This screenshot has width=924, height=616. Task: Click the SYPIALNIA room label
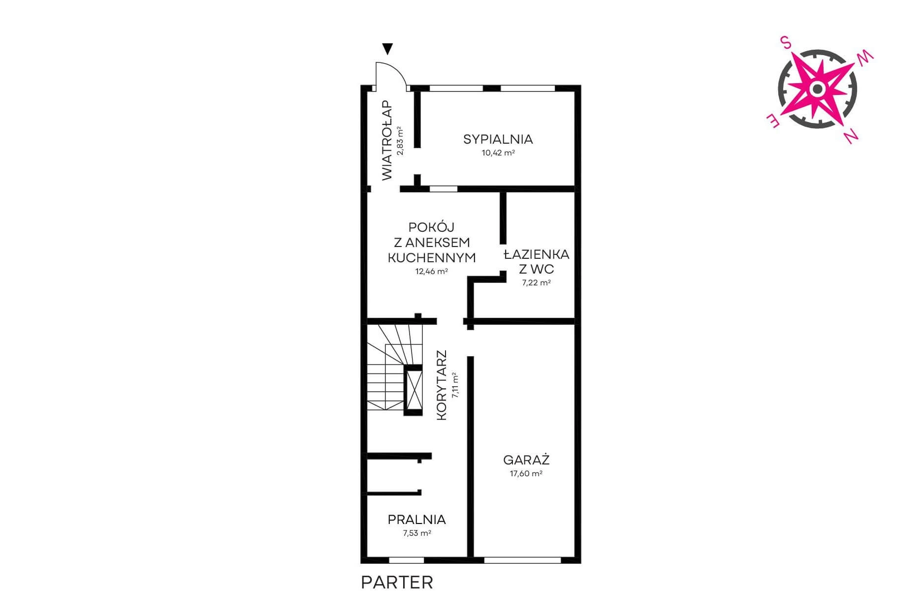pos(498,139)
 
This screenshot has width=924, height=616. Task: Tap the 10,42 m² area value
pos(498,153)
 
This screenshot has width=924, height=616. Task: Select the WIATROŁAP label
pos(387,141)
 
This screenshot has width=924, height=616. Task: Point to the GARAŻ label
pos(526,460)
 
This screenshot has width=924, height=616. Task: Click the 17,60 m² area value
pos(526,474)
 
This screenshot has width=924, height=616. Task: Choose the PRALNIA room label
pos(416,520)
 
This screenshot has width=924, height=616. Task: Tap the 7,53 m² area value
pos(417,533)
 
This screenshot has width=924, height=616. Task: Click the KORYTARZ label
pos(442,385)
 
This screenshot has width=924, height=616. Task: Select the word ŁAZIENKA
pos(537,254)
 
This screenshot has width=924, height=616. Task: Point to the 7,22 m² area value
pos(537,283)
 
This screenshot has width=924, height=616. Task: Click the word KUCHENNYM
pos(432,258)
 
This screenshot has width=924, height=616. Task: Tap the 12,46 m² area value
pos(432,271)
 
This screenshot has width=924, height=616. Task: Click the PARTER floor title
pos(397,583)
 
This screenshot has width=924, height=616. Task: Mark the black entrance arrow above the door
pos(388,49)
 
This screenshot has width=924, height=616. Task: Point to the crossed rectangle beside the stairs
pos(413,390)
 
